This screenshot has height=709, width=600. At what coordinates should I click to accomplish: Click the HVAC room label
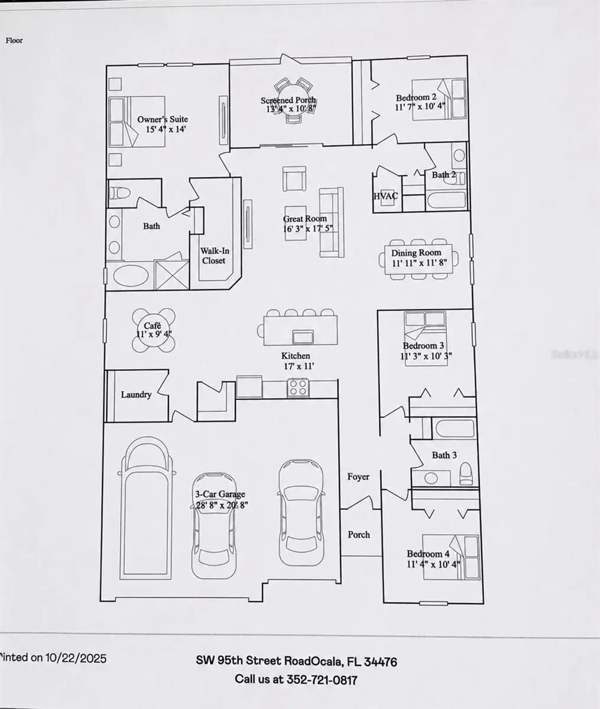coord(386,196)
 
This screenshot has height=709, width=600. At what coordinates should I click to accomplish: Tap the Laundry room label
coord(137,395)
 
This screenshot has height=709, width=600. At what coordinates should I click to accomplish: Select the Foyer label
coord(358,476)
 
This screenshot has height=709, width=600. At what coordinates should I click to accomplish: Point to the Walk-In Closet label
coord(215,256)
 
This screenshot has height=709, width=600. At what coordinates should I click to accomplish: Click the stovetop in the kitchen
coord(298,388)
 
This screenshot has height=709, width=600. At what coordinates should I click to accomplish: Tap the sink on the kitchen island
coord(303,337)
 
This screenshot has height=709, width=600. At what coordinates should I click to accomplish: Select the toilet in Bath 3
coord(466,474)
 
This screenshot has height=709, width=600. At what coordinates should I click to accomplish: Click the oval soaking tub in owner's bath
coord(131,276)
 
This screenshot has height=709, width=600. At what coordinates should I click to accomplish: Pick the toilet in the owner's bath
coord(119,193)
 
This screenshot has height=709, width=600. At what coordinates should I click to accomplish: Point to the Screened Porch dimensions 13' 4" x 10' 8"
coord(291,109)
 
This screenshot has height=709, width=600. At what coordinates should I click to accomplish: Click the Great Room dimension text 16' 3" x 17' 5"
coord(308,228)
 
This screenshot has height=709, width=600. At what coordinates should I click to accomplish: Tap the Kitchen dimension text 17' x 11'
coord(299,366)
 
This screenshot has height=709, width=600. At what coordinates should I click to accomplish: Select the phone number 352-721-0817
coord(321,679)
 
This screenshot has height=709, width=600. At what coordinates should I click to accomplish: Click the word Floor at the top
coord(14,41)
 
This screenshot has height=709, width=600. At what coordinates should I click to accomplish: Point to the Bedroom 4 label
coord(428,554)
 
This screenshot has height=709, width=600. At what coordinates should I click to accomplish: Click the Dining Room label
coord(416,253)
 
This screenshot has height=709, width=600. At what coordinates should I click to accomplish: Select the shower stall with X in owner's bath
coord(171,274)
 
